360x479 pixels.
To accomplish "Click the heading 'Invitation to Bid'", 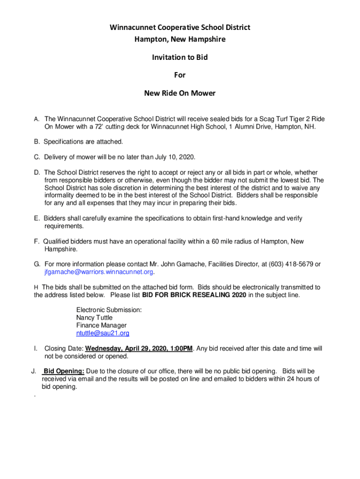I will click(x=180, y=58).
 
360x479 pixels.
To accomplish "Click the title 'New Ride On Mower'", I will click(x=180, y=93).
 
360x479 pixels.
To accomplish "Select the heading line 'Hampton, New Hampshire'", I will click(x=180, y=39).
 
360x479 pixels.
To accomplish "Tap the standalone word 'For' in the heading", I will click(x=180, y=75).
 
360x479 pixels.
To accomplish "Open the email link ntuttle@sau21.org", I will click(x=102, y=334).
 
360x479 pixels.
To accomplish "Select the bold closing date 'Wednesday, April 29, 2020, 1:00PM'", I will click(x=139, y=348).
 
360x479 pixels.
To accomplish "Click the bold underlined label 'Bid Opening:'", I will click(x=64, y=371).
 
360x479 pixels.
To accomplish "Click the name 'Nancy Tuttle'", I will click(x=94, y=318).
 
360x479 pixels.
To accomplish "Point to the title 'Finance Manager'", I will click(x=101, y=326).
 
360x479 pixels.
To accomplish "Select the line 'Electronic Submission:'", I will click(x=109, y=310).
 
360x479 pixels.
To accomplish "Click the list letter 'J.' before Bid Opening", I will click(x=34, y=371).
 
